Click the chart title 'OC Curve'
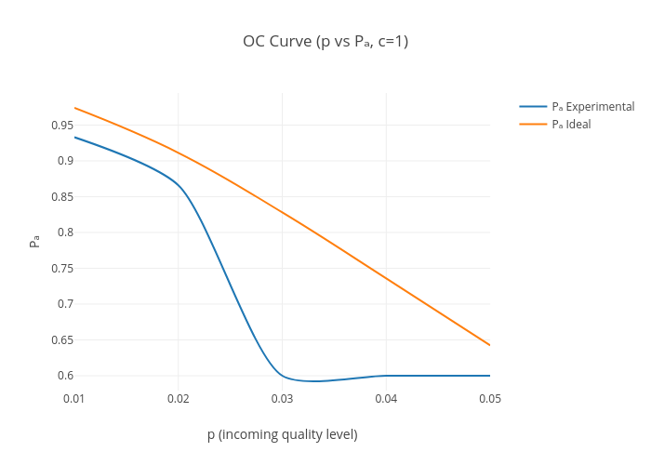point(325,41)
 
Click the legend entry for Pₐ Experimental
point(592,107)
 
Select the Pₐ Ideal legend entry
point(571,125)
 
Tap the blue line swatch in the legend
point(533,107)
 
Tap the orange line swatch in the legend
point(533,125)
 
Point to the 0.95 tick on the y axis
point(62,126)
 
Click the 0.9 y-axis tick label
point(65,161)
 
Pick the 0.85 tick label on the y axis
point(62,197)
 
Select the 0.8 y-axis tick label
point(65,232)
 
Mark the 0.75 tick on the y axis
point(62,269)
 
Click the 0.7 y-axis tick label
point(65,304)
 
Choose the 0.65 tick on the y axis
point(62,340)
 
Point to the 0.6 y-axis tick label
point(65,376)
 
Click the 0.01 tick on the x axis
point(74,399)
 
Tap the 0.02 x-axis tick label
point(179,399)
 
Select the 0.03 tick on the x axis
point(283,399)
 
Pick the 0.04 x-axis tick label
point(387,399)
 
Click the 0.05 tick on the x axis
point(490,399)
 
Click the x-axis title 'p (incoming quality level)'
point(282,434)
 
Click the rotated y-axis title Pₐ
point(34,241)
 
